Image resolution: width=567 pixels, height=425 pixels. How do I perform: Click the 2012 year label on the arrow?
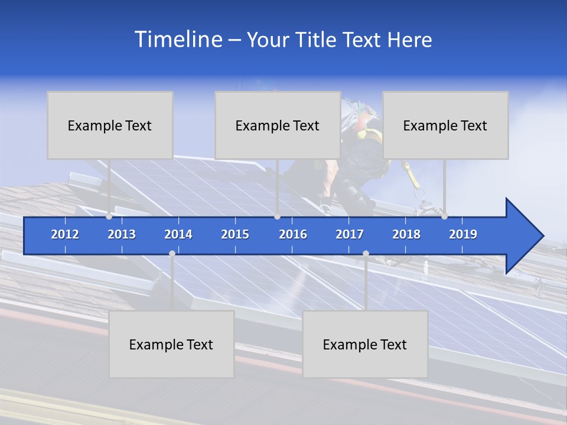tap(65, 234)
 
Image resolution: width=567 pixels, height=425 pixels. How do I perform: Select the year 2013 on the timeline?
tap(122, 234)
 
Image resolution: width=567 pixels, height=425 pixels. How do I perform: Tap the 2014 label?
tap(178, 234)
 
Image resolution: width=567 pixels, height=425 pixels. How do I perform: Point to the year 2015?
tap(235, 234)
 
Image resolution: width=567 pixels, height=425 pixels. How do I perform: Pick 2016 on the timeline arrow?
tap(293, 234)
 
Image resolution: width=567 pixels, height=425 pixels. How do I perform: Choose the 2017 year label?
tap(350, 234)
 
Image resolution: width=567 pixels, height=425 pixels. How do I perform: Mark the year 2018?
tap(406, 234)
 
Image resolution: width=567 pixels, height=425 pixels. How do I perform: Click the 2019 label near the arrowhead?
tap(463, 234)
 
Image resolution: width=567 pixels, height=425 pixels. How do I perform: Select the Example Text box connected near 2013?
tap(110, 125)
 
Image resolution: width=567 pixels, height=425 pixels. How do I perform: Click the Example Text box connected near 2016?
tap(278, 125)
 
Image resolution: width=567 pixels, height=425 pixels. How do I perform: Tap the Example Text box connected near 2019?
tap(445, 125)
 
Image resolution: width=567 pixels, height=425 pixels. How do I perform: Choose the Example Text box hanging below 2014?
tap(171, 344)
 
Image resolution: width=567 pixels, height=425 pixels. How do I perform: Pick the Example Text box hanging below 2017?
tap(365, 344)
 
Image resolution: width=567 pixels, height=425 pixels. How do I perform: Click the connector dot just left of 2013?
tap(109, 217)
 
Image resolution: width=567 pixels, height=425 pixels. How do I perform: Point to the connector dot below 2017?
tap(366, 253)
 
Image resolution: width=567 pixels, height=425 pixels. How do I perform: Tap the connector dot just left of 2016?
tap(277, 217)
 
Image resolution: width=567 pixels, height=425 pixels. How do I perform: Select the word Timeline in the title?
tap(178, 40)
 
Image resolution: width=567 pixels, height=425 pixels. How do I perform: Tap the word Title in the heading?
tap(315, 40)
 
